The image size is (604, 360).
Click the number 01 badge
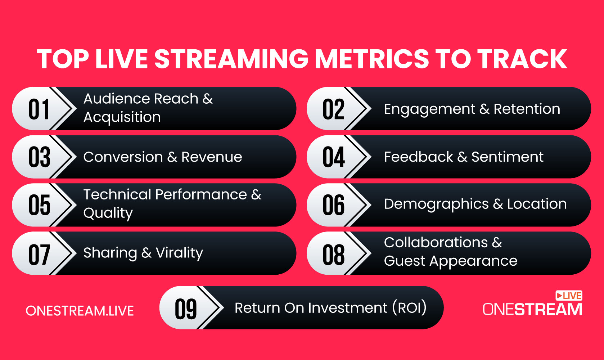39,109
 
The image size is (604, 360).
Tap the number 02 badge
333,109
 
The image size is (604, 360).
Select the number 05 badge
39,205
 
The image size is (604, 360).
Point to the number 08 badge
333,254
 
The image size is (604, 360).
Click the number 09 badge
186,309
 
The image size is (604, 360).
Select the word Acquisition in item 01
122,117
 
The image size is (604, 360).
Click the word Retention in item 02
527,109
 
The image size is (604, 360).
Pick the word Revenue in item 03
212,157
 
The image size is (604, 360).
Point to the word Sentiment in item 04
507,157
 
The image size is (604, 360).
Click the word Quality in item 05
108,213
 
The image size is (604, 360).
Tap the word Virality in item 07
179,253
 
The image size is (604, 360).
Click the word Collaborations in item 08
436,243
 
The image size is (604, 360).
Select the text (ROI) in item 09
409,308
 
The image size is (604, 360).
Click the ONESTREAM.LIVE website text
80,311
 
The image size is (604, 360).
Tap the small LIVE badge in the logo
569,296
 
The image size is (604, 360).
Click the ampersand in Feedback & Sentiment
462,157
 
